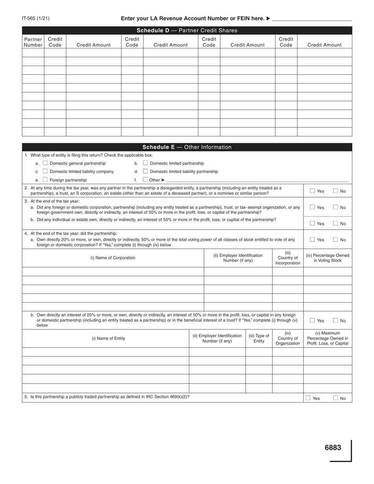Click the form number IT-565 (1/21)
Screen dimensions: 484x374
click(36, 18)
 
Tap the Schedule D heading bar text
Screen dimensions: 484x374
click(187, 30)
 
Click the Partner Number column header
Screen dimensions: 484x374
click(33, 42)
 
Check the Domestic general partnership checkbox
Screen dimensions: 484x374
click(45, 163)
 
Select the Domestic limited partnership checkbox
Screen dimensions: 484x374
click(145, 163)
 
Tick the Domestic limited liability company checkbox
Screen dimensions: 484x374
click(45, 171)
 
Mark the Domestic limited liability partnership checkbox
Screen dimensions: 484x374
click(145, 171)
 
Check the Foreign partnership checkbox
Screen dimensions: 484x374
click(45, 179)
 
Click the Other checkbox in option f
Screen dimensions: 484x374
click(145, 179)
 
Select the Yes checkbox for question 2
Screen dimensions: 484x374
click(312, 191)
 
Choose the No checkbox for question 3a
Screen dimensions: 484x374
click(336, 207)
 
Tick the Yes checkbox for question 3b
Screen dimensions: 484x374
click(312, 223)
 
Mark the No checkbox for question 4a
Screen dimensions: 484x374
click(336, 239)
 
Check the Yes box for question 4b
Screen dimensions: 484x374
click(312, 320)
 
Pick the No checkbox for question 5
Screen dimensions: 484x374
click(335, 398)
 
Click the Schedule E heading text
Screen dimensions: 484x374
click(187, 147)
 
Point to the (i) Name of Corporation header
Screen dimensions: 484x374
click(113, 258)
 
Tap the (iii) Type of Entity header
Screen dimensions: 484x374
click(259, 338)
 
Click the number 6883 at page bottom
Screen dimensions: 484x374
click(333, 447)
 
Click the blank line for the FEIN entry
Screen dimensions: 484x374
click(312, 19)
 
